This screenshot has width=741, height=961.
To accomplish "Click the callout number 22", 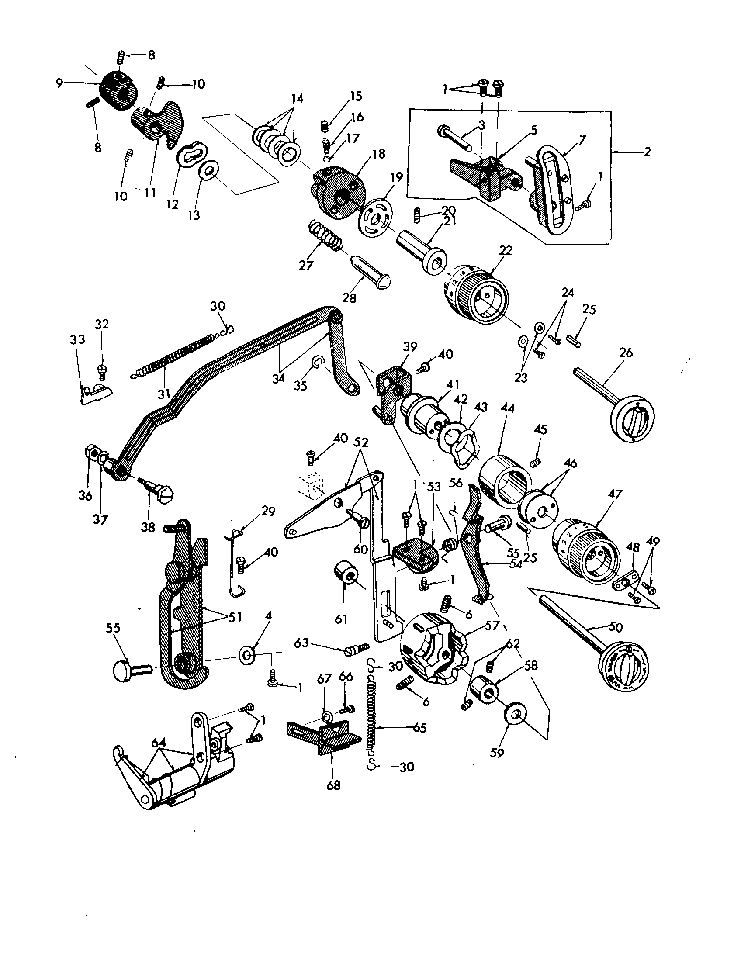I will coord(506,251).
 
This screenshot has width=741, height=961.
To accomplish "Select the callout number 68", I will coord(333,785).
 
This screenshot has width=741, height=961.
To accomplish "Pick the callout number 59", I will coord(497,753).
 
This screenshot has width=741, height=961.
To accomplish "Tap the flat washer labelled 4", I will coord(247,655).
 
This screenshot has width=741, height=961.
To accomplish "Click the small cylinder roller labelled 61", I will coord(345,576).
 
